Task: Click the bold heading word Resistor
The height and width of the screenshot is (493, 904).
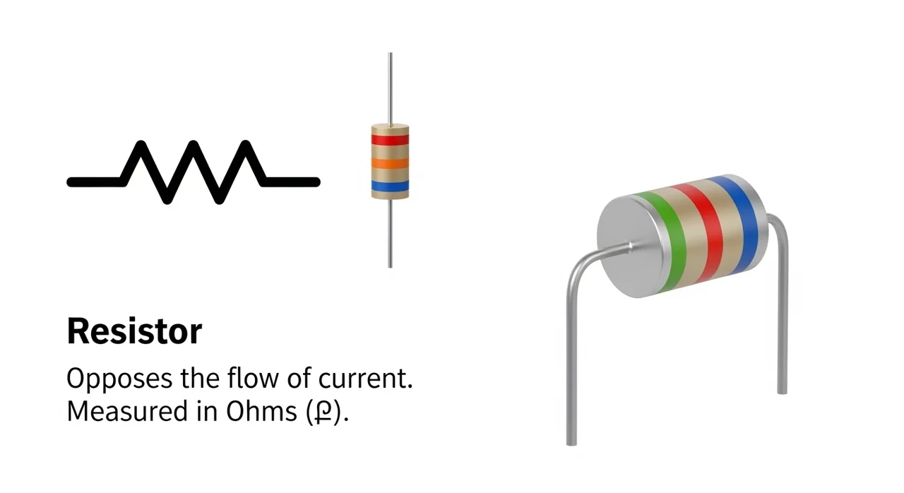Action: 134,331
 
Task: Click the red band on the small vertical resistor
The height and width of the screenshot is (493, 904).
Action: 390,140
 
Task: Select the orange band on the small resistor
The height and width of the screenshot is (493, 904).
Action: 390,164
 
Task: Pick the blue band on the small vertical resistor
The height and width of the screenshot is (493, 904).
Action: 390,186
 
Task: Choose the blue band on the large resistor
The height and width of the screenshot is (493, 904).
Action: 744,222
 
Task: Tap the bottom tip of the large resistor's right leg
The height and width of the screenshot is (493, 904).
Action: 782,390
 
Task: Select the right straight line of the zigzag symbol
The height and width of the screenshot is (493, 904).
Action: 291,182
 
